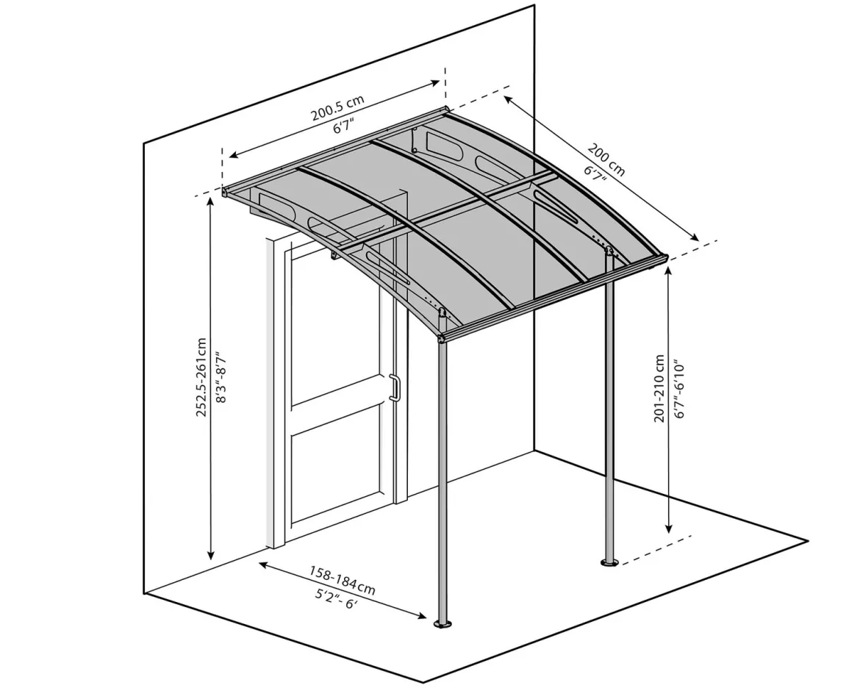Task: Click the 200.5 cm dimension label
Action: pyautogui.click(x=338, y=108)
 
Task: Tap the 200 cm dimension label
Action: pyautogui.click(x=606, y=160)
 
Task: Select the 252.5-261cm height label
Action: pyautogui.click(x=201, y=377)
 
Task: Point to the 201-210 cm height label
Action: pyautogui.click(x=659, y=388)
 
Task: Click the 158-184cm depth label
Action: pyautogui.click(x=343, y=581)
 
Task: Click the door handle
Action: pyautogui.click(x=394, y=388)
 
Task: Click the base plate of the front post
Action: pyautogui.click(x=442, y=623)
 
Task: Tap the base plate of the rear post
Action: pyautogui.click(x=609, y=562)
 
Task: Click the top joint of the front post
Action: pyautogui.click(x=442, y=336)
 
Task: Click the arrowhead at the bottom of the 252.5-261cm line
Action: pyautogui.click(x=211, y=554)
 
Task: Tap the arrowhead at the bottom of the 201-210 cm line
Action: pyautogui.click(x=668, y=527)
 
